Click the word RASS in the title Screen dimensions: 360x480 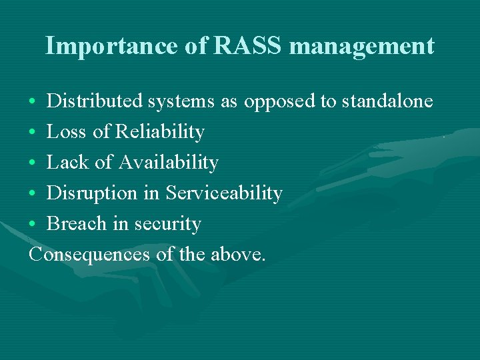click(x=249, y=46)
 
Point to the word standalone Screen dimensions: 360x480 click(x=387, y=101)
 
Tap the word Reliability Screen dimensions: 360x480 click(x=159, y=133)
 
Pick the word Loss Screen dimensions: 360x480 click(x=67, y=132)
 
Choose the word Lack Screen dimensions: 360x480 click(x=67, y=163)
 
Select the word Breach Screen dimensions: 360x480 click(x=77, y=224)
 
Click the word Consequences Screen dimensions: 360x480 click(x=90, y=255)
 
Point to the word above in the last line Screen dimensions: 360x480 click(x=238, y=255)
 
